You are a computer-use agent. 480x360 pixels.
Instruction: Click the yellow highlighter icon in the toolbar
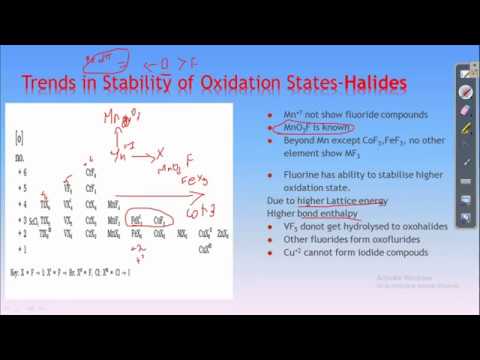click(465, 127)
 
